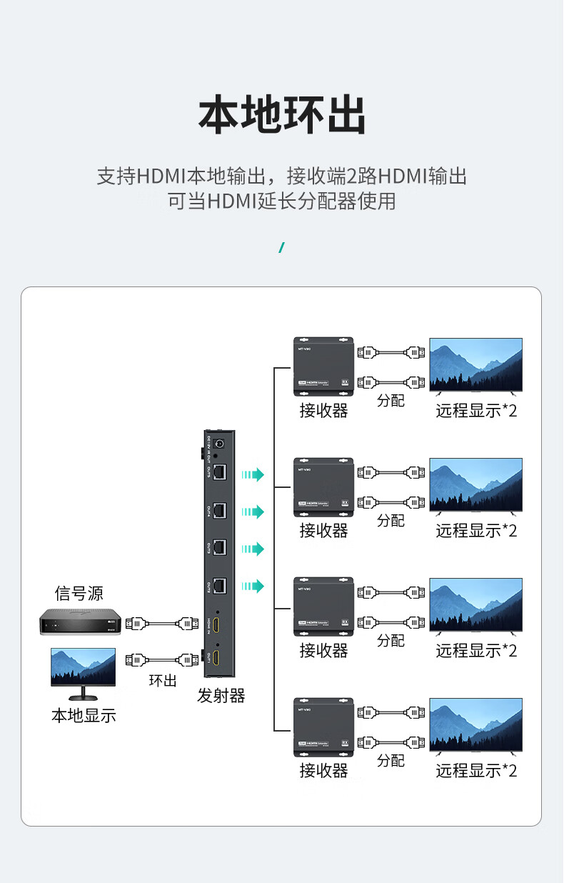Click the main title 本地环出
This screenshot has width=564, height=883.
282,115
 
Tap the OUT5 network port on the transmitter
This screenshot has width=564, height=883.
220,472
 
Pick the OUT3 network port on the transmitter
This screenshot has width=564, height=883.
220,547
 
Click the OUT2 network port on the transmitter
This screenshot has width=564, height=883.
220,585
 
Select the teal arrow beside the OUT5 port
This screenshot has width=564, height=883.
253,474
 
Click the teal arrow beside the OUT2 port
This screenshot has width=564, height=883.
253,587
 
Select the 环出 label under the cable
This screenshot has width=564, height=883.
163,680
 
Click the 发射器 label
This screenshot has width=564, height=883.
221,696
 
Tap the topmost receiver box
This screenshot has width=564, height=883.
324,366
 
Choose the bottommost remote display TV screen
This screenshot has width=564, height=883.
475,724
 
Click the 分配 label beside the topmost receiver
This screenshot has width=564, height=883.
391,400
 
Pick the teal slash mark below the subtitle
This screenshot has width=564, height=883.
282,248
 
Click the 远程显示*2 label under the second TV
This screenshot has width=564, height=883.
476,531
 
